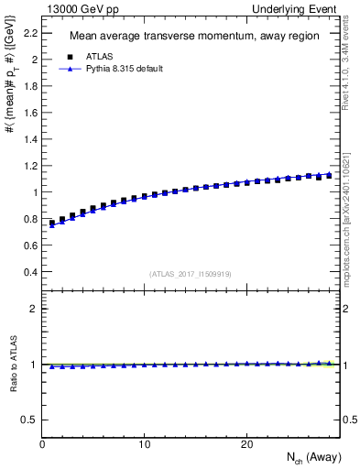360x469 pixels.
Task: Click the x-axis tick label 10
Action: [145, 443]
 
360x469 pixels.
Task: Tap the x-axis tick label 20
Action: [246, 443]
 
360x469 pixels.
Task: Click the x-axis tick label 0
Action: [43, 443]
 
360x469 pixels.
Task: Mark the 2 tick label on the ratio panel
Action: [34, 309]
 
